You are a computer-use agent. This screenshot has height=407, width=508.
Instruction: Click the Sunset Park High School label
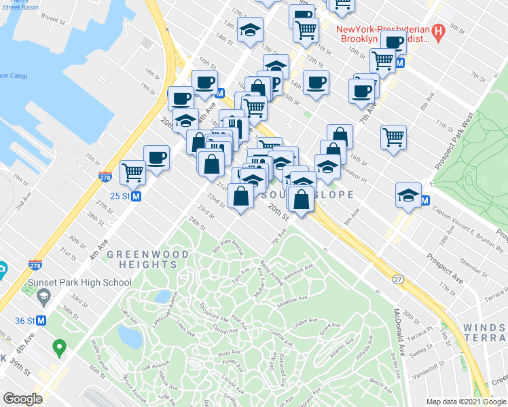(x=79, y=282)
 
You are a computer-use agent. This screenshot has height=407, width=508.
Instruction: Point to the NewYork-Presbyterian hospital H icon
(x=438, y=31)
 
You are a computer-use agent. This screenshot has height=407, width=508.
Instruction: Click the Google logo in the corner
(x=22, y=398)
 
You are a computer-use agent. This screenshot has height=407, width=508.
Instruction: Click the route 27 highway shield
(x=398, y=279)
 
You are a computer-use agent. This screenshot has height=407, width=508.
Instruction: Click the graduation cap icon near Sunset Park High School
(x=43, y=296)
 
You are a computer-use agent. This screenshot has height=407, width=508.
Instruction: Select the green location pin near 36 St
(x=59, y=349)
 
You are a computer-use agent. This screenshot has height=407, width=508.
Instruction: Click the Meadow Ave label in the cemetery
(x=291, y=300)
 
